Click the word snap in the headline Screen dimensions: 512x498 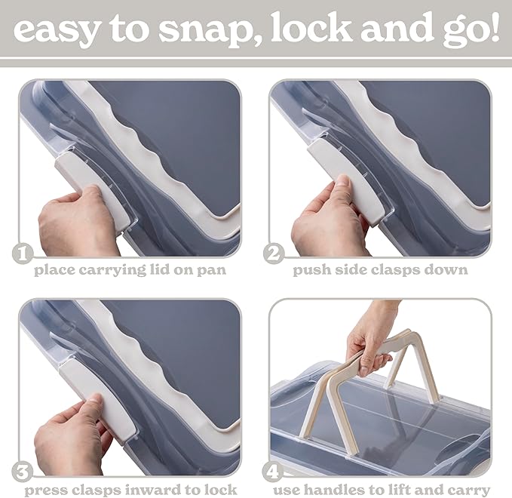point(203,30)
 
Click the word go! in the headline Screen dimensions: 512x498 point(471,31)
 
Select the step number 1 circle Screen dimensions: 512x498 point(23,254)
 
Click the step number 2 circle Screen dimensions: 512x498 point(274,254)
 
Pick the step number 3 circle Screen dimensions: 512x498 point(23,472)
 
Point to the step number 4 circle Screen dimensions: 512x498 point(273,472)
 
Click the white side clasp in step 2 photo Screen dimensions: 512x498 point(346,183)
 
